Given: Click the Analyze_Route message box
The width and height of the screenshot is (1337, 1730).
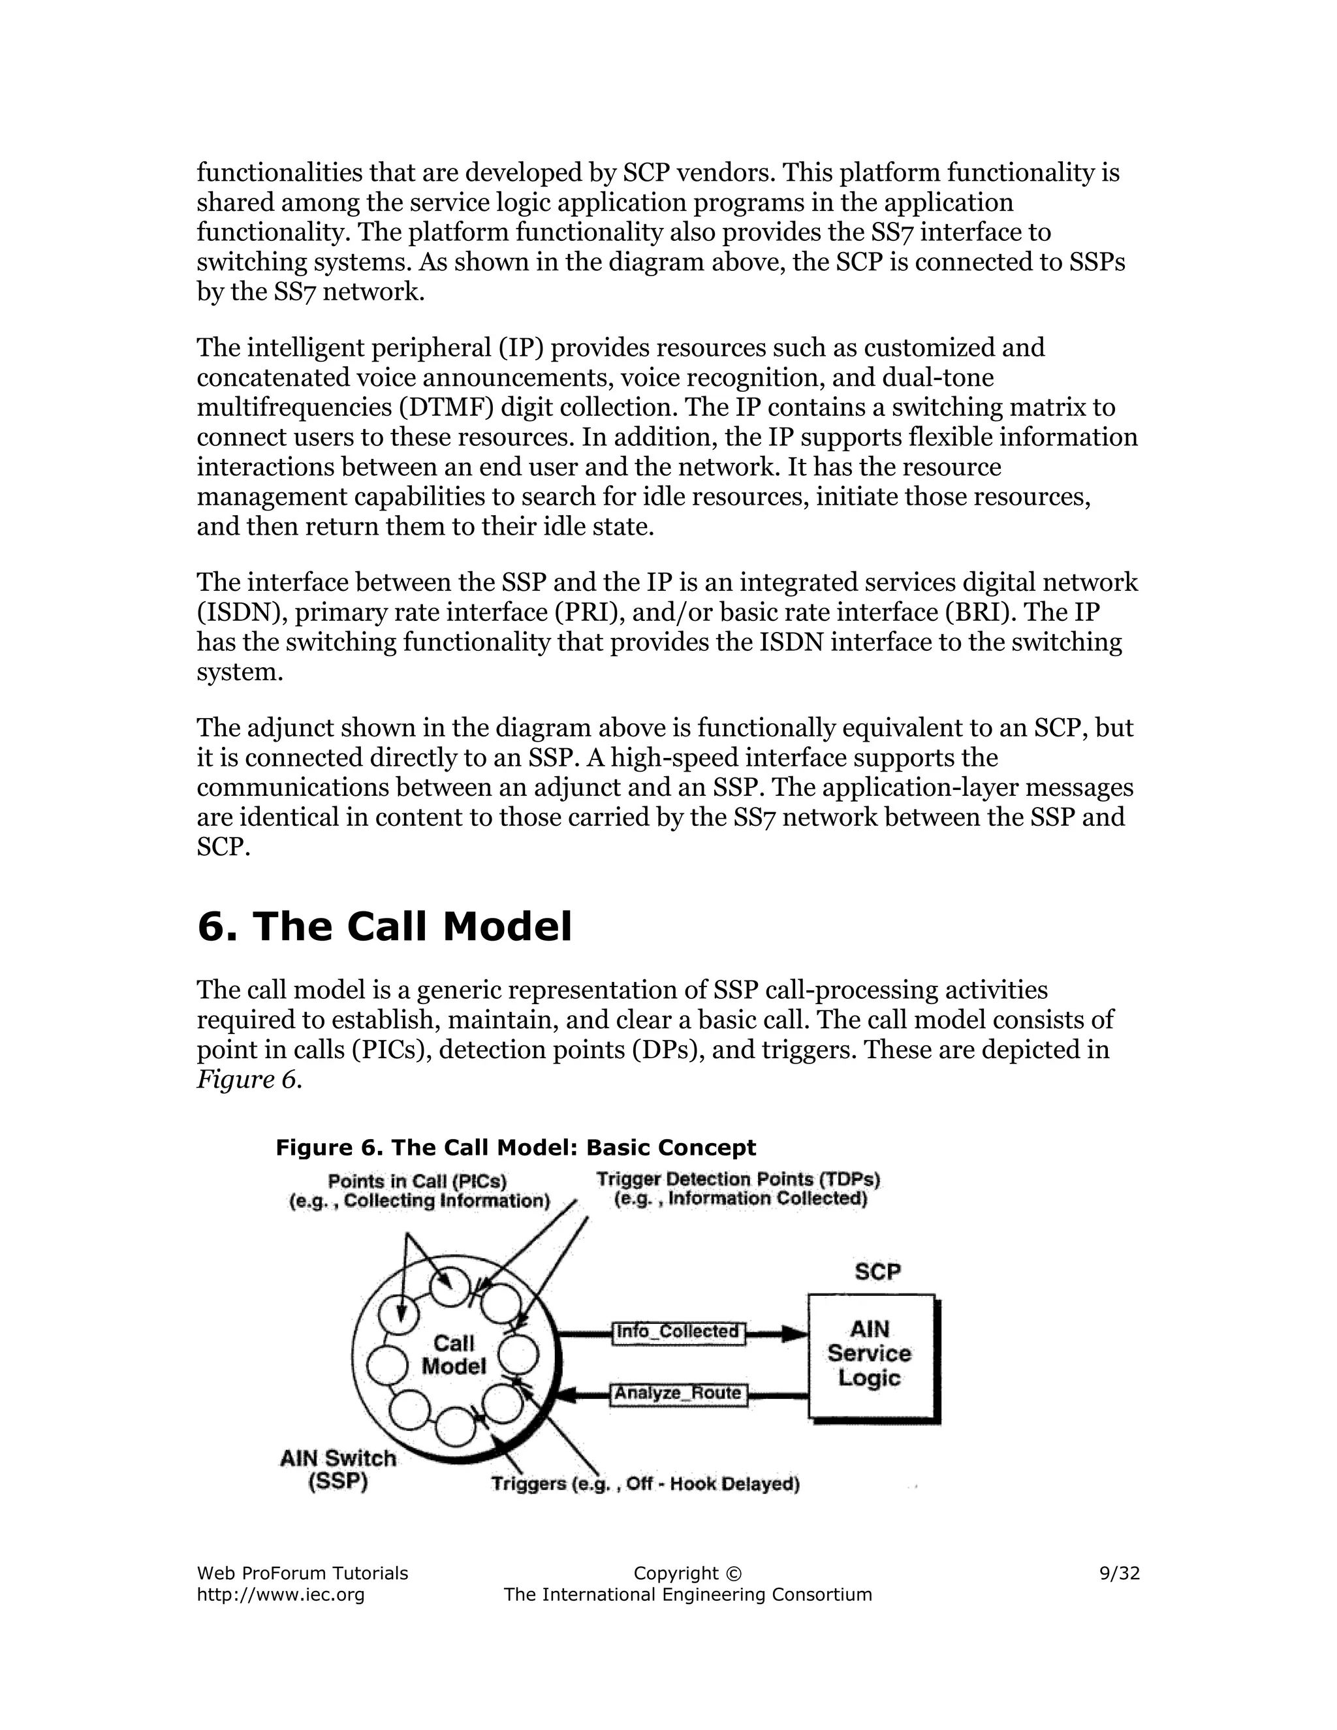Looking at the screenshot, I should point(678,1393).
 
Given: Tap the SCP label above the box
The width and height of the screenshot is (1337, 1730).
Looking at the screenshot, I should point(877,1271).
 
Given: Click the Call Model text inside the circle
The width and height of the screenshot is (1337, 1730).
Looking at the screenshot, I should point(454,1355).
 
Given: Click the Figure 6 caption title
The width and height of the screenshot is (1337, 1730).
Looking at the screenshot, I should point(516,1148).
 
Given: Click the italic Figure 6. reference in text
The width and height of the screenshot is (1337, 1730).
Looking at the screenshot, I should point(249,1080).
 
